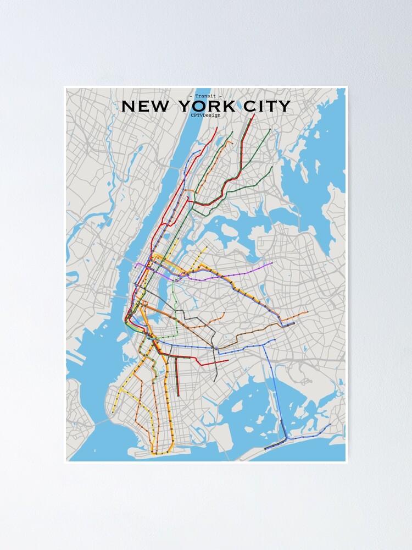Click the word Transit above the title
(x=205, y=96)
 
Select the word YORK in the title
(x=206, y=106)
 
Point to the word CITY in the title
(x=267, y=106)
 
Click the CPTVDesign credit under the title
(x=205, y=115)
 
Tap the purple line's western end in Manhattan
(x=136, y=264)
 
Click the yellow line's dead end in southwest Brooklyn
(x=113, y=412)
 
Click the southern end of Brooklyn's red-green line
(x=179, y=395)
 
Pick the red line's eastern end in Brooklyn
(x=227, y=361)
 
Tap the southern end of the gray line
(x=216, y=381)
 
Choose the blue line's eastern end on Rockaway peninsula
(x=330, y=424)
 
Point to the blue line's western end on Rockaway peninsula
(x=265, y=449)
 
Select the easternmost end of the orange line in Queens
(x=308, y=312)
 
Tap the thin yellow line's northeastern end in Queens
(x=206, y=248)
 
